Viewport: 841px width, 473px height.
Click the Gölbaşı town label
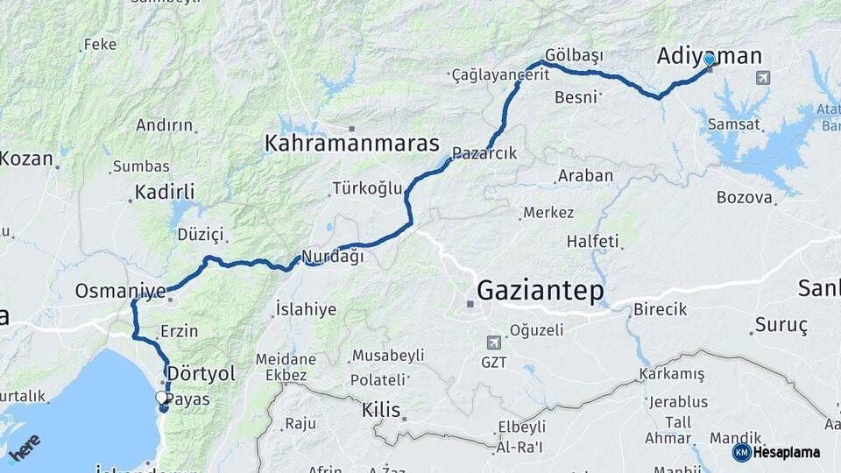574,55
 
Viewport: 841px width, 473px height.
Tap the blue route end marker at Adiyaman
709,60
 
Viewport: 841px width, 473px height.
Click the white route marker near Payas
162,399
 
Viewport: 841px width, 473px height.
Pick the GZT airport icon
498,342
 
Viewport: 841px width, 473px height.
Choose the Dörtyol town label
201,374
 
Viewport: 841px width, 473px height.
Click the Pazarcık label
484,153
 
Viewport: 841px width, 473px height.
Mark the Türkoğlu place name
367,188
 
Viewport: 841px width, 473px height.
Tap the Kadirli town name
165,192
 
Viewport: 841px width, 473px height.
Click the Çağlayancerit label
501,75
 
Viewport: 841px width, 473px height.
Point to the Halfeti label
592,241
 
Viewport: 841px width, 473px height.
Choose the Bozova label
745,197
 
